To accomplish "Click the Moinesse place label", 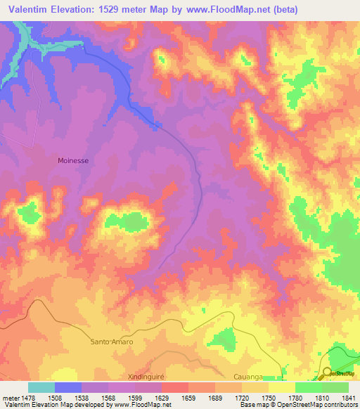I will [x=73, y=160].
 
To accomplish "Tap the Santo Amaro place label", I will [x=112, y=342].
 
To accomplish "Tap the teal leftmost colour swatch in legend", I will [x=41, y=387].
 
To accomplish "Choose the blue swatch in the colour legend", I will [x=68, y=387].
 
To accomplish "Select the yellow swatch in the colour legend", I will [x=282, y=387].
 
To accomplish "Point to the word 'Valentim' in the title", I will [x=32, y=10].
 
